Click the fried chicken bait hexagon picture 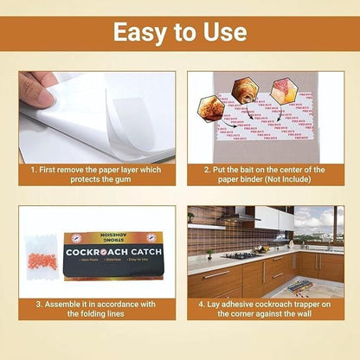coord(210,108)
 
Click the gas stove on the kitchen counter coord(241,255)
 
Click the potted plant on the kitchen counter coord(209,254)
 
